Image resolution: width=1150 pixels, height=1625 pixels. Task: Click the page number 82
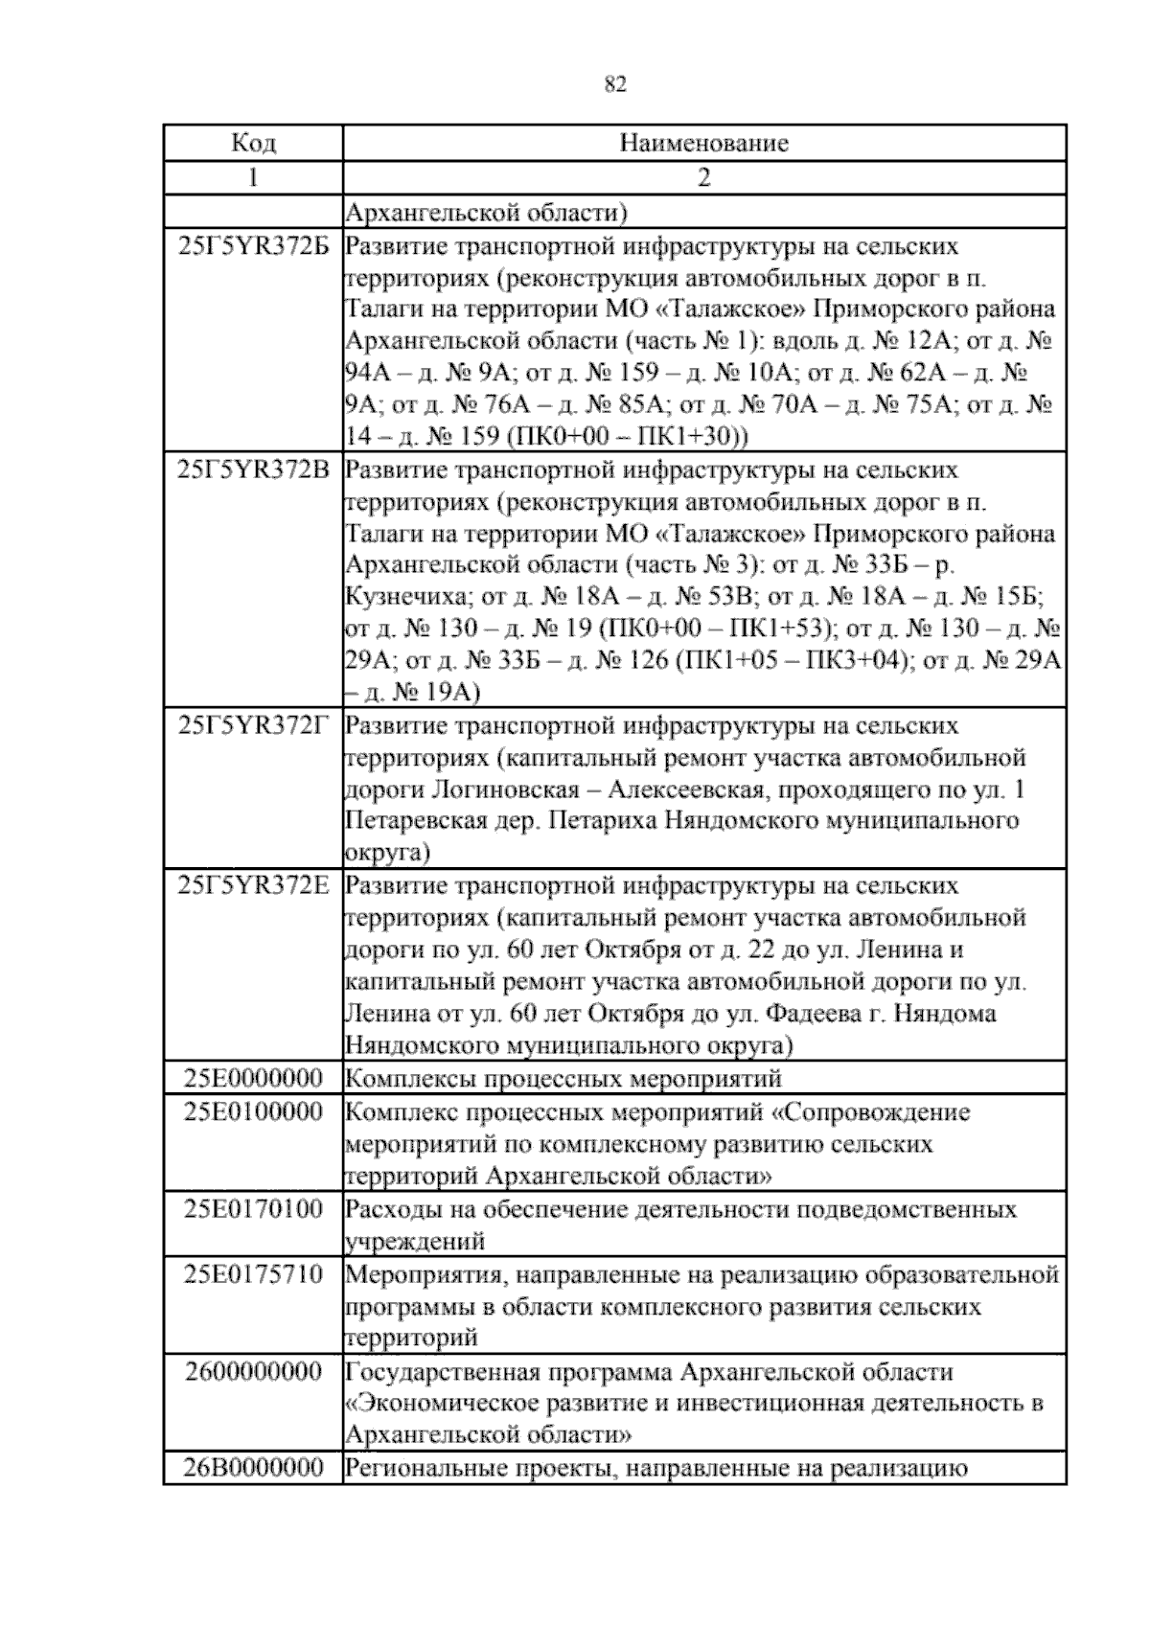[615, 85]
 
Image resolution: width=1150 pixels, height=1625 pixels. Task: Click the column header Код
[254, 144]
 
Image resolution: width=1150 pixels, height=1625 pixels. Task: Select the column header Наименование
[704, 144]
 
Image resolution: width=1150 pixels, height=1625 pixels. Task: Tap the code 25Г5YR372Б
[254, 246]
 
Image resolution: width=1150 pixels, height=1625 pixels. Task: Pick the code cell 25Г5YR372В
[254, 470]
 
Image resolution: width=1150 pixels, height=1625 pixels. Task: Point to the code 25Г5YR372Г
[254, 725]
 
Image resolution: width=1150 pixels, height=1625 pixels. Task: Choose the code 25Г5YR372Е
[254, 885]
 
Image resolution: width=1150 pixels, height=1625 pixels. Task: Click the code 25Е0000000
[254, 1079]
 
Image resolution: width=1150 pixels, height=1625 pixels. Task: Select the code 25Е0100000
[254, 1112]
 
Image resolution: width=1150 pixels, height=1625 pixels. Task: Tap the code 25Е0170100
[254, 1208]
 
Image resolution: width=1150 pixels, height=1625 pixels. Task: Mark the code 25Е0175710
[254, 1274]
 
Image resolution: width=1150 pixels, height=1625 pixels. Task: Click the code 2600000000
[254, 1371]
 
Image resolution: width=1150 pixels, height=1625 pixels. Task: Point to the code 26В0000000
[254, 1468]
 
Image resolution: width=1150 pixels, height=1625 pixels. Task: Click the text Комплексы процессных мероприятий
[563, 1079]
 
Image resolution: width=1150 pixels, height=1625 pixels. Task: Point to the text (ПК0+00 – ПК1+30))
[626, 437]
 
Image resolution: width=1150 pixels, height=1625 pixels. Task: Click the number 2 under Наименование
[704, 177]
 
